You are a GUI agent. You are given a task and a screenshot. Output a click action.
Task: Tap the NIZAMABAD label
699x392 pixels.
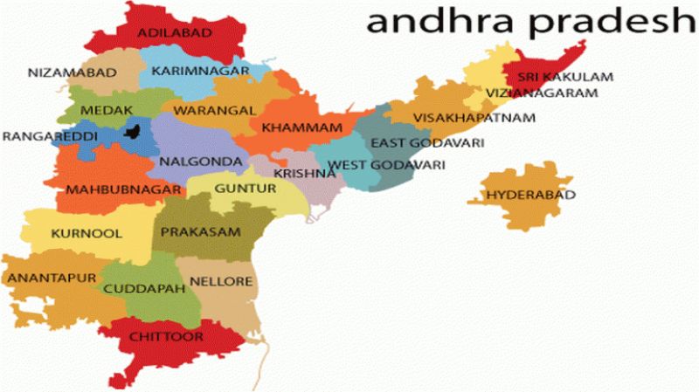73,72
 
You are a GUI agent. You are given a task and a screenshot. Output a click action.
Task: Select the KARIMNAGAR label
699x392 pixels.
191,71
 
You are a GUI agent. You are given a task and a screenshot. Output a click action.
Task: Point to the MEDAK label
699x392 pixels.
106,111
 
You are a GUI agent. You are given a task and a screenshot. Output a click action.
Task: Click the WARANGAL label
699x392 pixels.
214,111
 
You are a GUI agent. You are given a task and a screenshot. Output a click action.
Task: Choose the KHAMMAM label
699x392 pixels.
301,128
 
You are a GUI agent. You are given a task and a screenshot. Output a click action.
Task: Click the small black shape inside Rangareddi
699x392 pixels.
134,132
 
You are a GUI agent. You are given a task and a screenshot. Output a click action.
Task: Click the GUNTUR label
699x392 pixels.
239,188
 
